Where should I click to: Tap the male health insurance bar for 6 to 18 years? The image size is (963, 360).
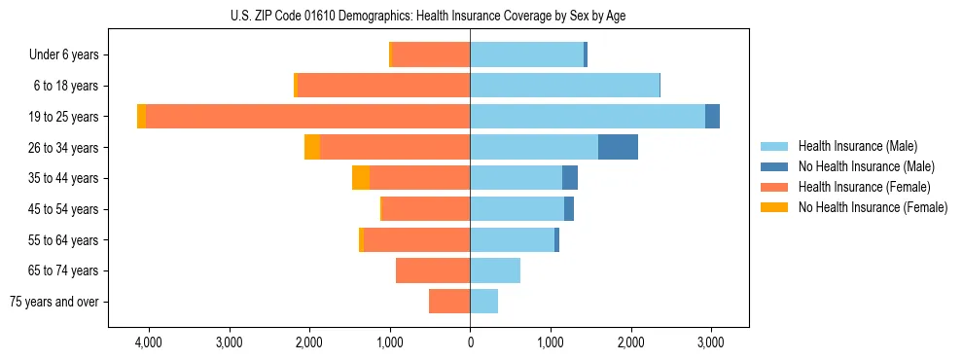pyautogui.click(x=564, y=86)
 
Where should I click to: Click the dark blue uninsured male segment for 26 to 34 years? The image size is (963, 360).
pyautogui.click(x=618, y=147)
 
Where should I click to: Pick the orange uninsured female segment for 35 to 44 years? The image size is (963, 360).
pyautogui.click(x=361, y=178)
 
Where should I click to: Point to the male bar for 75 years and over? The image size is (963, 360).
pyautogui.click(x=483, y=302)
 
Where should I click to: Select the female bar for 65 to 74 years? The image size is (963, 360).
pyautogui.click(x=433, y=270)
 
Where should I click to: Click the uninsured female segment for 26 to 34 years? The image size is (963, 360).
pyautogui.click(x=312, y=147)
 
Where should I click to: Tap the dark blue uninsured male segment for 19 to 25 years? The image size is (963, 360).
pyautogui.click(x=712, y=117)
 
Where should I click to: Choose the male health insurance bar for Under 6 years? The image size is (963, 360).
pyautogui.click(x=526, y=54)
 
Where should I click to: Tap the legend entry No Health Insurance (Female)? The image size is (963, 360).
pyautogui.click(x=873, y=207)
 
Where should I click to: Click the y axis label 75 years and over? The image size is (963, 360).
pyautogui.click(x=54, y=302)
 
